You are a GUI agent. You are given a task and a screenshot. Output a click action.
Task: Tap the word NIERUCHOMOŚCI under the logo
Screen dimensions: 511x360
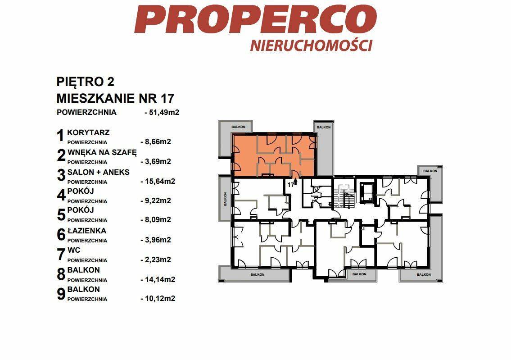311,46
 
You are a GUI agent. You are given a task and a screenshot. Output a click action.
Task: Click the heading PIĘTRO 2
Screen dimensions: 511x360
86,82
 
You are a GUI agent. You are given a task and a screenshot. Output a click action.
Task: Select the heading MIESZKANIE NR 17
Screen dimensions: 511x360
115,98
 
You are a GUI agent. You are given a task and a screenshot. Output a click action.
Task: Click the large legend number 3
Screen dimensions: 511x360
61,175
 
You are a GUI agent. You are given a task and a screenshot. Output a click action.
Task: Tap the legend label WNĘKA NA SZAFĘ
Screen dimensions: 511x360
102,153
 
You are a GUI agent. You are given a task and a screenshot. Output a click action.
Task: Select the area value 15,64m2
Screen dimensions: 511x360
158,181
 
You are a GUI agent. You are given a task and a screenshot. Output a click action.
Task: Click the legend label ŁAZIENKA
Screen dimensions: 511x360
87,231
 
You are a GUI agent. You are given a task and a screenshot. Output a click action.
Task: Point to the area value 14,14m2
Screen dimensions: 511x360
158,279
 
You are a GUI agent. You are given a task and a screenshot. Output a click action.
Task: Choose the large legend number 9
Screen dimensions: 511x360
61,293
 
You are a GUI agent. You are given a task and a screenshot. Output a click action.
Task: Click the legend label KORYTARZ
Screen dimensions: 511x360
88,133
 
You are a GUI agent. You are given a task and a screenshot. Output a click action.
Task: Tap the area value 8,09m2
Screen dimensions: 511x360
156,220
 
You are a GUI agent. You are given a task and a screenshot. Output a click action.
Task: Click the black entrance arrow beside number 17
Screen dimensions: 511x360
295,182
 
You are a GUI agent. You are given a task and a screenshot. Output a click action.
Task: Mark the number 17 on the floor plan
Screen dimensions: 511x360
290,185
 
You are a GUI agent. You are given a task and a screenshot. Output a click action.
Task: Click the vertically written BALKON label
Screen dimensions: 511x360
225,199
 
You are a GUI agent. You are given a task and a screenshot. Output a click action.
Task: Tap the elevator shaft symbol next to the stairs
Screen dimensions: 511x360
367,192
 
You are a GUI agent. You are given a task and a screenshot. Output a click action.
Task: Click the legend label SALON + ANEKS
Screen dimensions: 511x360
99,172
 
